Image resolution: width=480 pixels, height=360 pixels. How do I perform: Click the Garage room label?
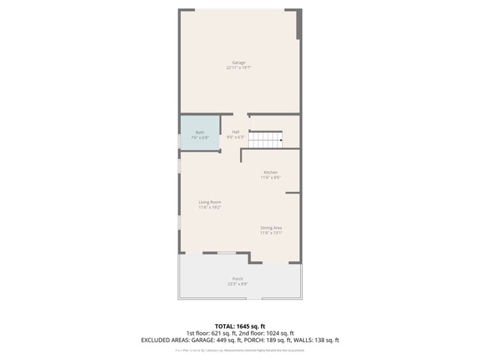tap(238, 62)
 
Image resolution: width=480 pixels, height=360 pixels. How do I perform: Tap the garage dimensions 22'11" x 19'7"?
tap(238, 67)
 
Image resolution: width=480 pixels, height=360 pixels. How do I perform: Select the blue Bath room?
tap(199, 134)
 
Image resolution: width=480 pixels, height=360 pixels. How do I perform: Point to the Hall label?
tap(235, 132)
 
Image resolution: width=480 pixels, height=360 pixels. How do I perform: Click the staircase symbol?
tap(265, 139)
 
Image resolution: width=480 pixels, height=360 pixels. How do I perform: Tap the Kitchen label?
tap(270, 172)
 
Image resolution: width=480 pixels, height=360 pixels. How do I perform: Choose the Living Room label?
tap(210, 202)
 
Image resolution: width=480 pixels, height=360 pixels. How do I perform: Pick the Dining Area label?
tap(271, 227)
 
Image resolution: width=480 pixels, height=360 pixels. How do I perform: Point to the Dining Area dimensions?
tap(271, 232)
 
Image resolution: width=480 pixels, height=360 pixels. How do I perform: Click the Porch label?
tap(238, 279)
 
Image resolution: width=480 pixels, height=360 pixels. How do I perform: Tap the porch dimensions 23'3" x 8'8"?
tap(238, 284)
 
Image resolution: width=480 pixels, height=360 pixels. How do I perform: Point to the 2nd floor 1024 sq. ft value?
tap(279, 333)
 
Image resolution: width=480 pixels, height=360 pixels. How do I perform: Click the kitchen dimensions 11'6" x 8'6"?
tap(270, 178)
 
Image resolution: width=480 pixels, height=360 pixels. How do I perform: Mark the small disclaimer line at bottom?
tap(240, 349)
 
